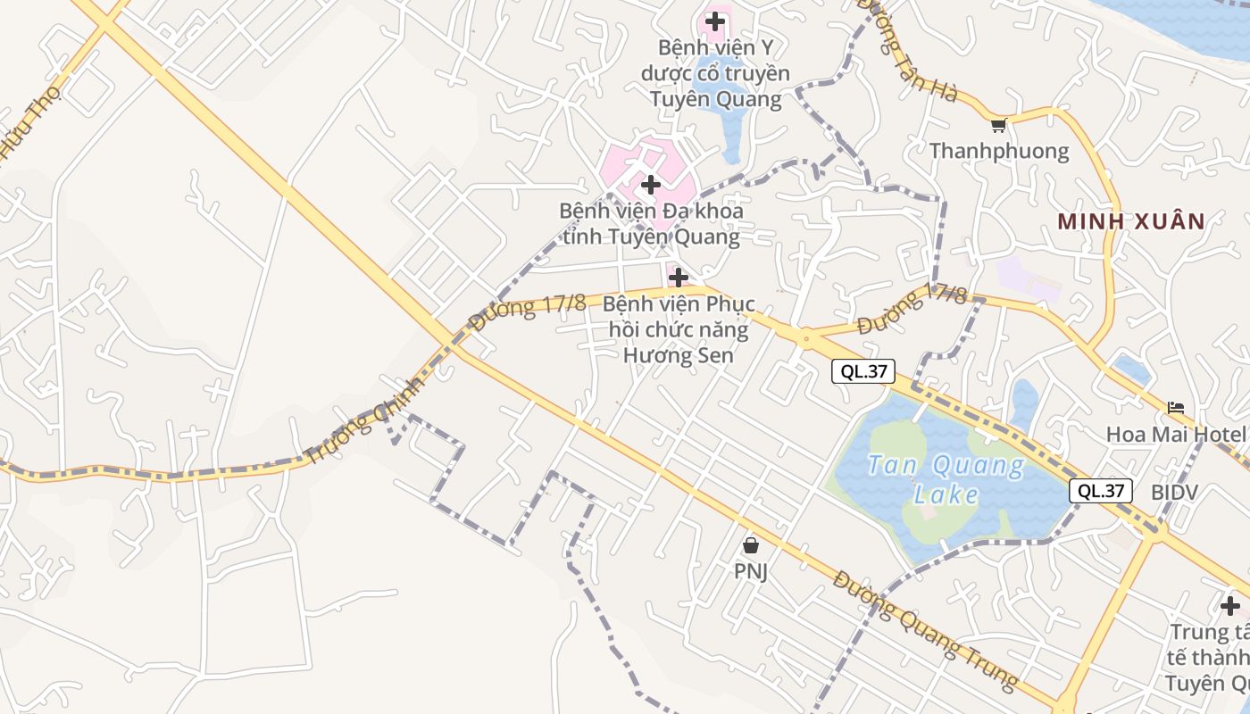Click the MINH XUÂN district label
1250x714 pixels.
click(1131, 221)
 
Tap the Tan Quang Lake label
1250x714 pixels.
click(946, 479)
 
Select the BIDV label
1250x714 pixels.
click(1174, 492)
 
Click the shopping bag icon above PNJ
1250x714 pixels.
click(751, 544)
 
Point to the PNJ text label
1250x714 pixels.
click(751, 571)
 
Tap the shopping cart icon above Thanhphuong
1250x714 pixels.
click(998, 125)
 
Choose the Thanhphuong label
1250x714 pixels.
click(999, 151)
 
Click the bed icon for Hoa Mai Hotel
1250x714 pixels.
click(1176, 408)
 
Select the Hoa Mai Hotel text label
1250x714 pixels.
click(1176, 435)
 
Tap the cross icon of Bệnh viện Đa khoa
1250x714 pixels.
click(651, 185)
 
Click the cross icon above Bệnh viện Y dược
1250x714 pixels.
click(715, 21)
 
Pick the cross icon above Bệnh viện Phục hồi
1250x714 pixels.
click(679, 277)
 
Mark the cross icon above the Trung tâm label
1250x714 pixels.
click(1230, 606)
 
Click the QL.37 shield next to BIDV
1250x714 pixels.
click(1101, 490)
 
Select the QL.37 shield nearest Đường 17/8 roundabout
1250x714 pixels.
click(862, 371)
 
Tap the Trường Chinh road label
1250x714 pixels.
click(363, 419)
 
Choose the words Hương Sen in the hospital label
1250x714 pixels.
click(678, 354)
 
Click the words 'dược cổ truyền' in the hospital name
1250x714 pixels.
click(715, 72)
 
